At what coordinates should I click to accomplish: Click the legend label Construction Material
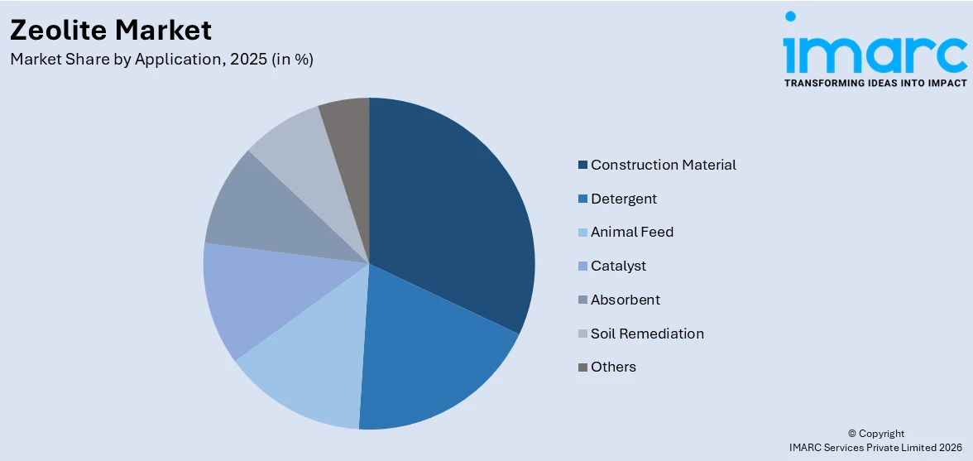[663, 165]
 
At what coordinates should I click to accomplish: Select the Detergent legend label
[623, 199]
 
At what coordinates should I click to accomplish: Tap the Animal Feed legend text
[631, 232]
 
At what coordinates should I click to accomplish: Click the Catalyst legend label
[618, 266]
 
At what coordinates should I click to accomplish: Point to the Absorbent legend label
[625, 300]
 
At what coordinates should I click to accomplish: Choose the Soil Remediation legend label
[647, 334]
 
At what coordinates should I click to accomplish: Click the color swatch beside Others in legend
[582, 367]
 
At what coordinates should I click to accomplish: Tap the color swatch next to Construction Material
[582, 166]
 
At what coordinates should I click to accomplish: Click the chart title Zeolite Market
[111, 30]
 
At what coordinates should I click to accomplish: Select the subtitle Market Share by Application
[161, 60]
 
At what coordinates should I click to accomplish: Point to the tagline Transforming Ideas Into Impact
[875, 83]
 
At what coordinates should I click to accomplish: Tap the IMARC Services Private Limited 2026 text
[876, 447]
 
